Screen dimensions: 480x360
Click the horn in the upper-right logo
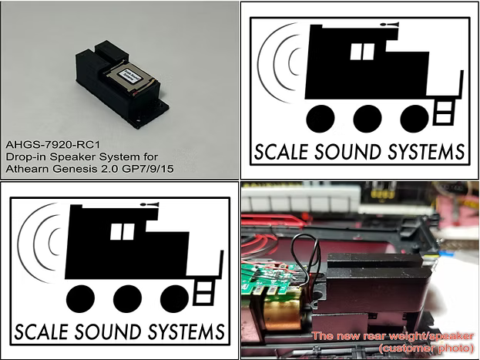pyautogui.click(x=394, y=27)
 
